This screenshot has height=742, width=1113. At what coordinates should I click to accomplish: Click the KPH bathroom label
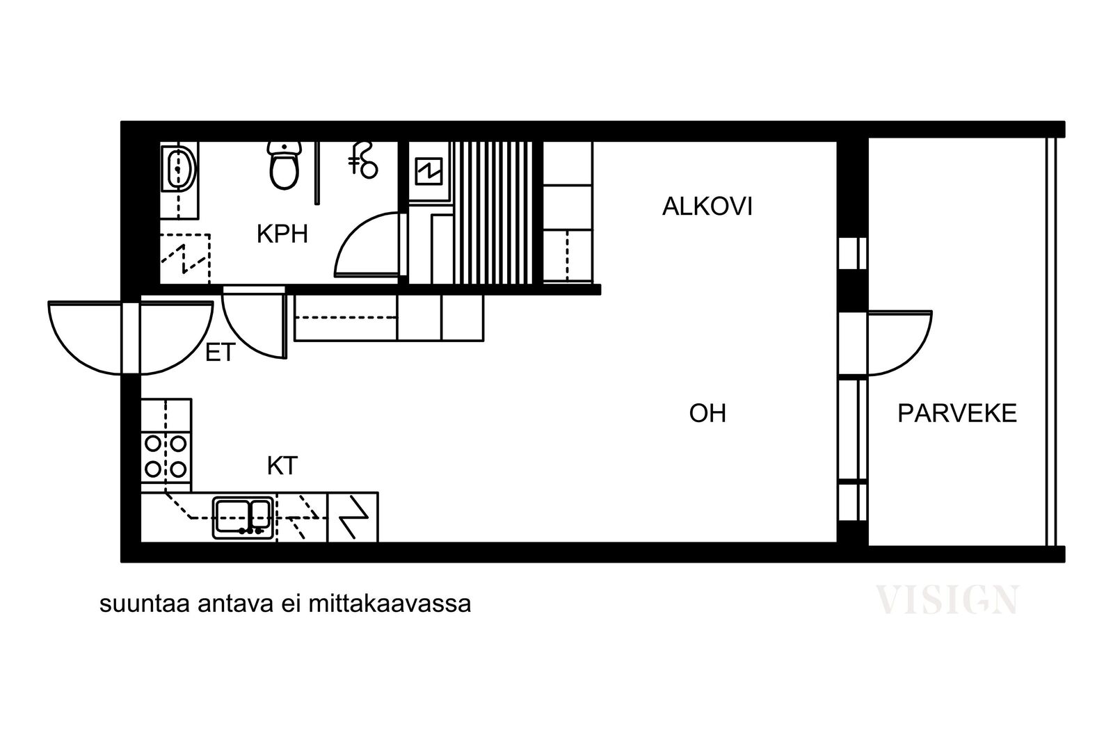282,234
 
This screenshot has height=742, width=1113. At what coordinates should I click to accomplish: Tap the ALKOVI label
707,207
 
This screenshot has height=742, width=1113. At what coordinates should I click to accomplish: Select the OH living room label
707,413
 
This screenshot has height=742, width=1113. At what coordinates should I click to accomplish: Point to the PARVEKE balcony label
957,413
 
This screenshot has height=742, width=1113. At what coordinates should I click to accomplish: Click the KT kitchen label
282,466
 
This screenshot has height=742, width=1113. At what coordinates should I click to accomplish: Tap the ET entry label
220,353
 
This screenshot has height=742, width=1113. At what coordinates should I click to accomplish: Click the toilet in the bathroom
285,165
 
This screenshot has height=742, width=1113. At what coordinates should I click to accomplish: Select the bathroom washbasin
178,169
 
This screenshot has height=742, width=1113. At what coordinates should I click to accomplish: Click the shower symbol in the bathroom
363,160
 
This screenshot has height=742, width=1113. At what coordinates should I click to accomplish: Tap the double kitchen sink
243,519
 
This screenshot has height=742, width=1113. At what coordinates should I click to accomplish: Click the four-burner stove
166,457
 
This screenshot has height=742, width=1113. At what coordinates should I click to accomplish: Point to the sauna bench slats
493,213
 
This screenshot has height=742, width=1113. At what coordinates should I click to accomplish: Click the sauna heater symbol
429,171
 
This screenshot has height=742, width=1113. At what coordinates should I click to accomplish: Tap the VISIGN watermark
947,600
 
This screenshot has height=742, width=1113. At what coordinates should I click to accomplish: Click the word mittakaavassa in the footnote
390,604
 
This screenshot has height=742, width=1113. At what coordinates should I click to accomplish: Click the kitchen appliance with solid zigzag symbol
353,517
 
